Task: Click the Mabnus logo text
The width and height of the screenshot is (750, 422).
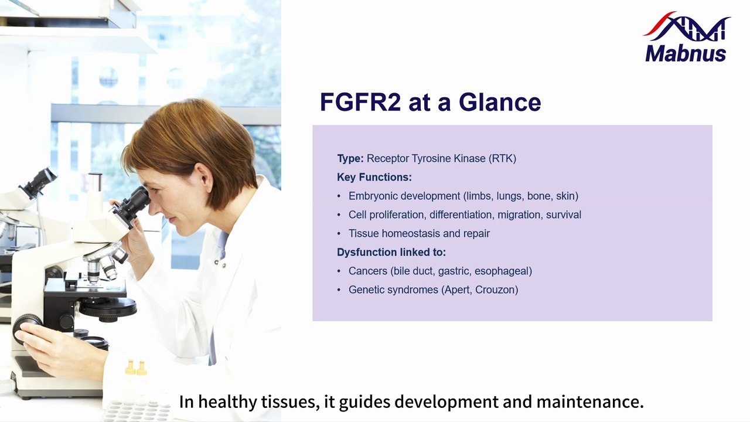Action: coord(686,53)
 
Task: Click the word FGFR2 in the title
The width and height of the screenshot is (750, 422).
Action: coord(360,102)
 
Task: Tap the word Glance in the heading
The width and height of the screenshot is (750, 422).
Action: coord(500,102)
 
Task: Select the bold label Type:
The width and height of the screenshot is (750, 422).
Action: coord(350,158)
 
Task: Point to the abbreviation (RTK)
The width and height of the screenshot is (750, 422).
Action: coord(502,158)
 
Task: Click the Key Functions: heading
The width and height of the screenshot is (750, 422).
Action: coord(374,177)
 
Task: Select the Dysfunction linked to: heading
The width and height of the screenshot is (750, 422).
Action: coord(391,252)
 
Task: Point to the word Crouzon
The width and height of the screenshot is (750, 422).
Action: coord(496,290)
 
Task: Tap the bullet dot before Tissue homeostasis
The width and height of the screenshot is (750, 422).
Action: coord(339,234)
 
